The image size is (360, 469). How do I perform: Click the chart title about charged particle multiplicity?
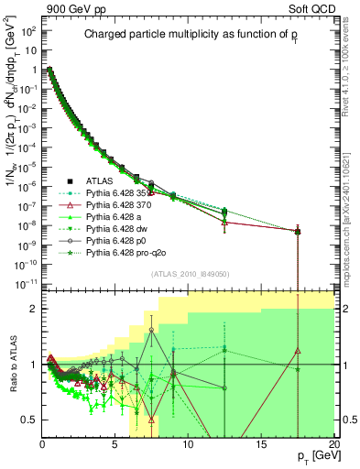(x=190, y=35)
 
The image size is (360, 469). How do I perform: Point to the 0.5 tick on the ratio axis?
(x=30, y=420)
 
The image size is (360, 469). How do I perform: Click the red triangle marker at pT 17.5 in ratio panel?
(x=298, y=350)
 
